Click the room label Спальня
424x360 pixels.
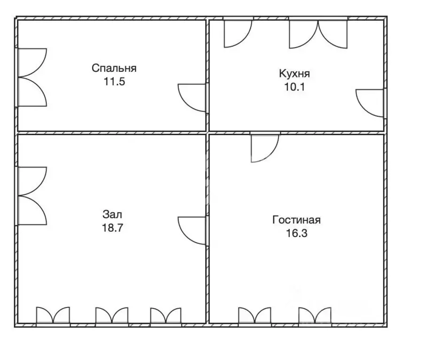coord(114,68)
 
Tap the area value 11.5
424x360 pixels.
coord(114,81)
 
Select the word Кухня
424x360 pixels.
coord(294,74)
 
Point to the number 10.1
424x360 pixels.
coord(294,87)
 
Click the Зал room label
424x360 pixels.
coord(113,214)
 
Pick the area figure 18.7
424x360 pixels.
coord(113,228)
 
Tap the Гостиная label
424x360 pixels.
coord(297,220)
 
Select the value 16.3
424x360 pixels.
coord(297,233)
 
